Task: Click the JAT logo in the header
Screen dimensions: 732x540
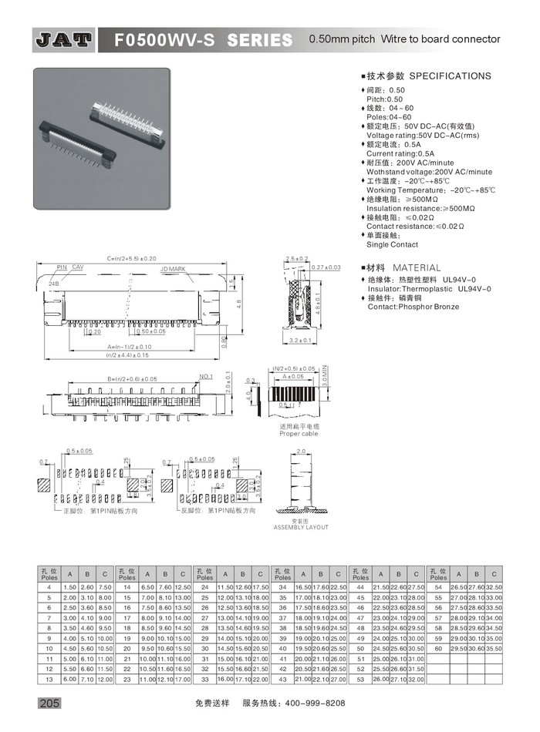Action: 64,39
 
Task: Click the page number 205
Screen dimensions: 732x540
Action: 46,703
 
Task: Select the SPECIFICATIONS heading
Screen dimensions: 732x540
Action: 449,76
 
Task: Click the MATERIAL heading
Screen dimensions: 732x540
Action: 417,267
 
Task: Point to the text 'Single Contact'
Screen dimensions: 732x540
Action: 392,244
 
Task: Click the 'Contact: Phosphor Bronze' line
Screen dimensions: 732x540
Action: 413,307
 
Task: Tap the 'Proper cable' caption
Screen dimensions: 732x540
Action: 299,434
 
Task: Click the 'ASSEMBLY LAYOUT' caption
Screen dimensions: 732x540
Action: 301,527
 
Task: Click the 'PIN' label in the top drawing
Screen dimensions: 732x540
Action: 62,267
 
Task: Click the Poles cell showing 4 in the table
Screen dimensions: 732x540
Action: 49,587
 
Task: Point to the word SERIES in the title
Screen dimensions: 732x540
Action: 260,39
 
